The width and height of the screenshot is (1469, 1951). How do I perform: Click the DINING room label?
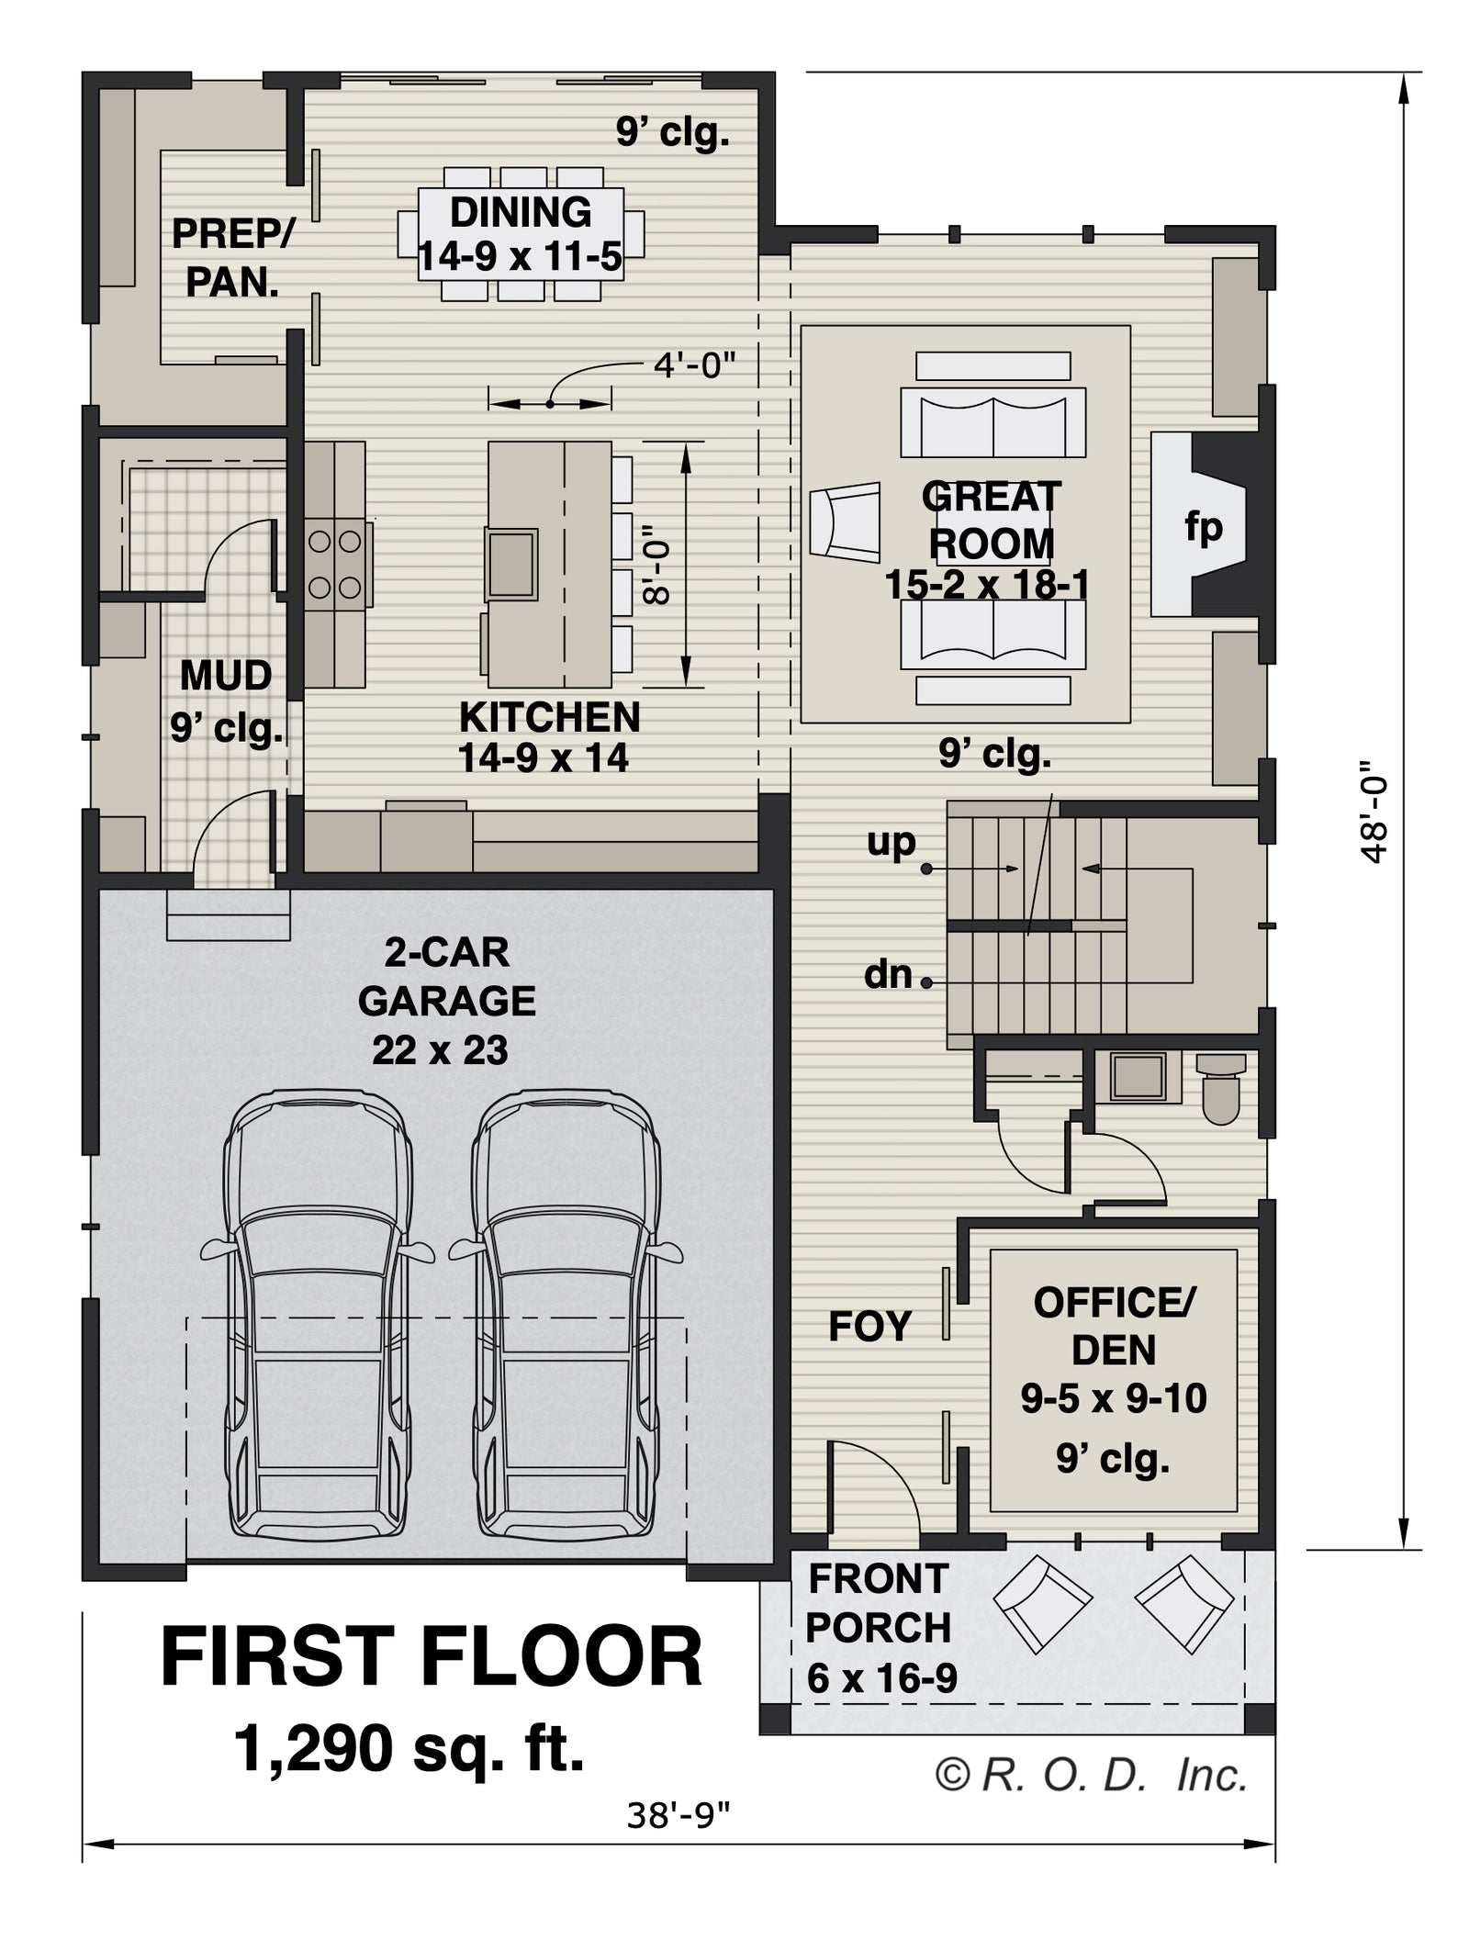520,213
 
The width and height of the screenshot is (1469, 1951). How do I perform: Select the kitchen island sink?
512,564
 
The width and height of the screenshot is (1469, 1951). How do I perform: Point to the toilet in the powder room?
1221,1088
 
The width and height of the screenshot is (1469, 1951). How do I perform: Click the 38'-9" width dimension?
678,1815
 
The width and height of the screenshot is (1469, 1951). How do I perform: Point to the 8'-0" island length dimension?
657,565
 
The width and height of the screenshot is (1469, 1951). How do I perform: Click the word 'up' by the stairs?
891,843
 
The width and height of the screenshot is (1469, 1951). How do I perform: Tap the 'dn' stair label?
888,974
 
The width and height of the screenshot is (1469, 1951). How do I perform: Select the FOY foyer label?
869,1326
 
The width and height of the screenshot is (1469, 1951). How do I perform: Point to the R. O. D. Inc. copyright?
1092,1776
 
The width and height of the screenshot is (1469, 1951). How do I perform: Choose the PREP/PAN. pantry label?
232,258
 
